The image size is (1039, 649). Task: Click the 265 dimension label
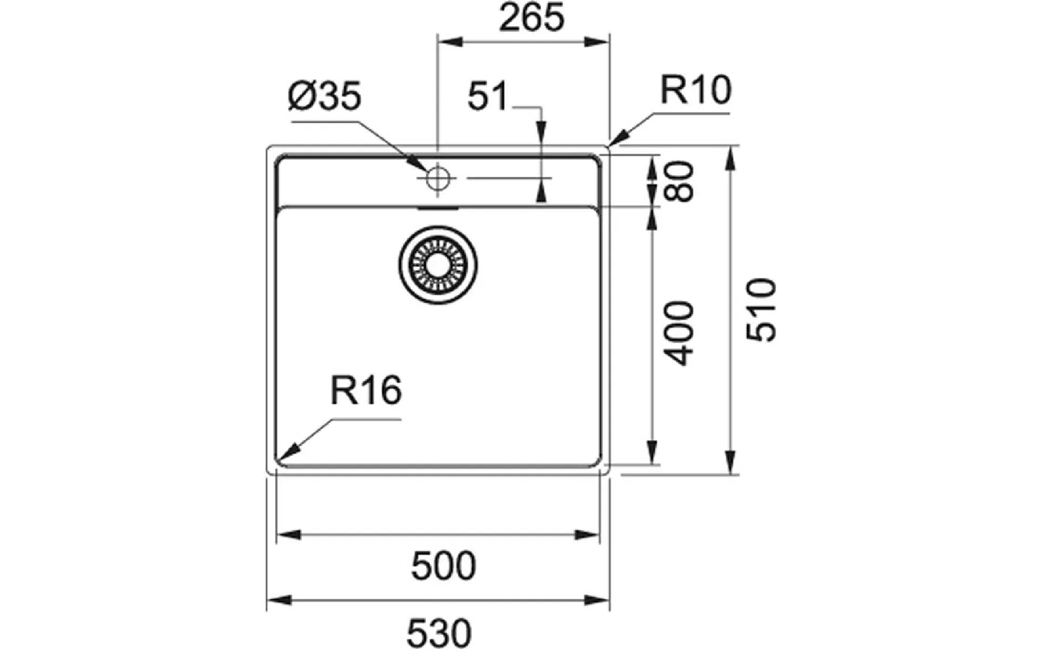531,17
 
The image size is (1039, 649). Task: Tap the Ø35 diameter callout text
325,97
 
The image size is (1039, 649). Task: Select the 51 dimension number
488,96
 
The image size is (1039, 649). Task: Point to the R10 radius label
695,90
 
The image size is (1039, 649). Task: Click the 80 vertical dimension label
679,182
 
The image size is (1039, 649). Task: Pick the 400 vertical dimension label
679,334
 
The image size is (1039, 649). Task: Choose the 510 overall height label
761,310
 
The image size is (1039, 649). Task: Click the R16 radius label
366,390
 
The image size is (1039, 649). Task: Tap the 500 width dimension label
444,566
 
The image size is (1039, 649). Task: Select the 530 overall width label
439,633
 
